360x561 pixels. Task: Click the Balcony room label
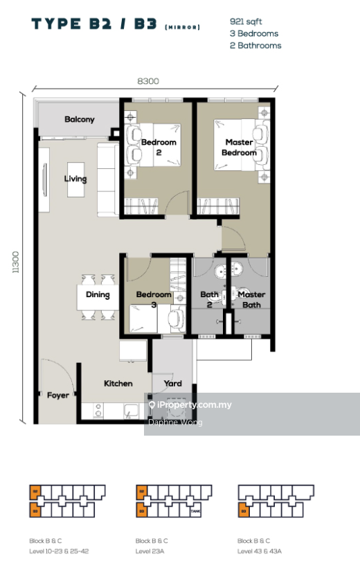pyautogui.click(x=80, y=120)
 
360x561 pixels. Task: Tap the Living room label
pyautogui.click(x=75, y=179)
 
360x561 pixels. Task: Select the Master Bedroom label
pyautogui.click(x=240, y=148)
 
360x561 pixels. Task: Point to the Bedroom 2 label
pyautogui.click(x=159, y=148)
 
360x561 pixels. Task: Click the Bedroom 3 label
pyautogui.click(x=153, y=299)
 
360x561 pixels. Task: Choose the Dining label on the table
pyautogui.click(x=98, y=295)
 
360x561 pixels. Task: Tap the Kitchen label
pyautogui.click(x=118, y=384)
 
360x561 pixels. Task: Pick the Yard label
pyautogui.click(x=172, y=384)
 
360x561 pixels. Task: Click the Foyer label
pyautogui.click(x=58, y=395)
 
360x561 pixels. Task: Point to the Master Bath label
pyautogui.click(x=251, y=299)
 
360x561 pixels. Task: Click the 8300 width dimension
pyautogui.click(x=148, y=81)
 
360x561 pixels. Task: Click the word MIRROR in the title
pyautogui.click(x=183, y=27)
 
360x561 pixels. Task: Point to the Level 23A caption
pyautogui.click(x=152, y=551)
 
